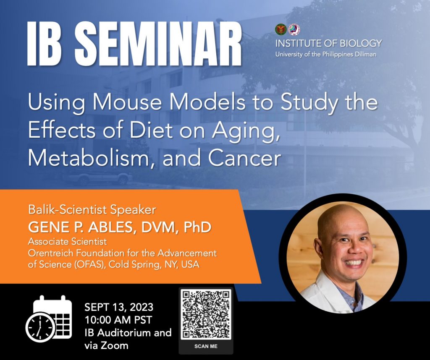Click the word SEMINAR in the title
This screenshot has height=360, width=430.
click(158, 43)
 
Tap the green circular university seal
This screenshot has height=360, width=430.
click(281, 29)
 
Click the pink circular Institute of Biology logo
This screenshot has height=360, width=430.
click(294, 29)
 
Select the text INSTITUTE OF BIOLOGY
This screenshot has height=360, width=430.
click(328, 43)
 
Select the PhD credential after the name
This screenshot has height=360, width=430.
click(197, 227)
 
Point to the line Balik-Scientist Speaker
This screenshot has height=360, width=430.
click(92, 210)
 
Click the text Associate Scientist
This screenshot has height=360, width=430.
click(68, 242)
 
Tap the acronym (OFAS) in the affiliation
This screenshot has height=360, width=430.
click(90, 265)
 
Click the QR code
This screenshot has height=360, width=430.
click(206, 314)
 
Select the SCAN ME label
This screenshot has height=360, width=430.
click(206, 346)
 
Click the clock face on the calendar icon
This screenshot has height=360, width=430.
click(40, 327)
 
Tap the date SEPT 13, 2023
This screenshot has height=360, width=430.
click(119, 307)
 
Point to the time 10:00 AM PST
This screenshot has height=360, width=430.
click(118, 320)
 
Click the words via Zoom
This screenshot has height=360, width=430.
click(106, 345)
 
